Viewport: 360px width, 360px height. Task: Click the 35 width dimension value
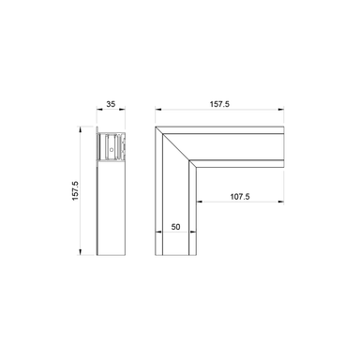[112, 106]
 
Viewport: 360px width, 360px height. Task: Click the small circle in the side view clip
[112, 147]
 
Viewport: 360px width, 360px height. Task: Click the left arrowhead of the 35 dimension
[97, 114]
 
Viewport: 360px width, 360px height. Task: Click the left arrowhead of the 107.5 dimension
[198, 204]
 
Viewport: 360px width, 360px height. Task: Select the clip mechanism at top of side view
[112, 146]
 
